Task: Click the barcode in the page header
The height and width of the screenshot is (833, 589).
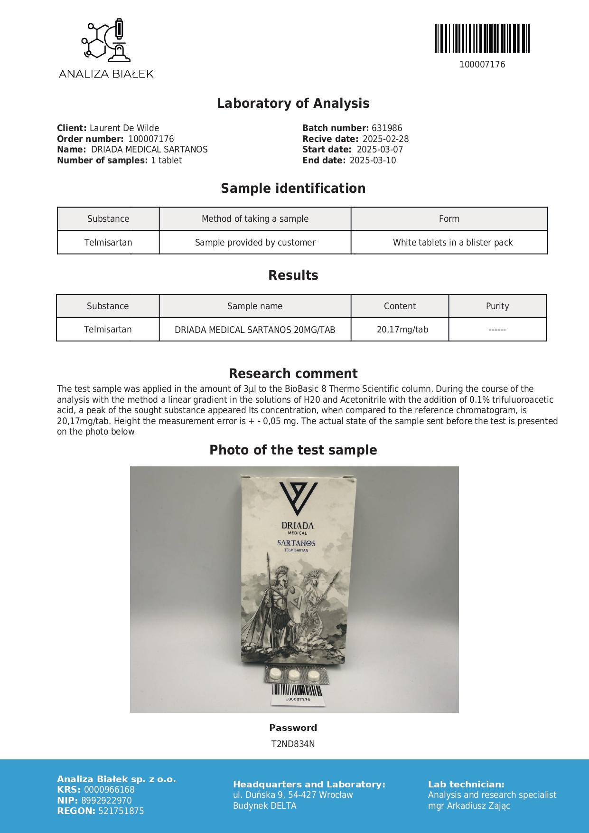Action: (482, 38)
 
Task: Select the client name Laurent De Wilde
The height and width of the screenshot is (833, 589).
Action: (124, 128)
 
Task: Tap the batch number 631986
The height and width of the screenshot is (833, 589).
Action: (387, 128)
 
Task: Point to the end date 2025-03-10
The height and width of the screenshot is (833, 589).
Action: (373, 161)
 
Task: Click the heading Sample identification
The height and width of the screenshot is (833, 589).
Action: (293, 189)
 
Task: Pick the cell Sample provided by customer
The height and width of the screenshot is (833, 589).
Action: (255, 243)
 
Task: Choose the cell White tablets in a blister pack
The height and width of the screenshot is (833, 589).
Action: (452, 243)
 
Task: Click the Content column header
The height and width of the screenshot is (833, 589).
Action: (400, 306)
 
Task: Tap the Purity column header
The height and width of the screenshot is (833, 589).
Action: (497, 306)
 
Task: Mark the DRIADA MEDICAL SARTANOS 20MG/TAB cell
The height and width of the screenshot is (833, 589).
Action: (255, 330)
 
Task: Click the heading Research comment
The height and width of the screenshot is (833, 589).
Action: (293, 374)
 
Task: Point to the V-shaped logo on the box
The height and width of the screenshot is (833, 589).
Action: (298, 498)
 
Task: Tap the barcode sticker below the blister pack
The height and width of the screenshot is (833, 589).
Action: (298, 693)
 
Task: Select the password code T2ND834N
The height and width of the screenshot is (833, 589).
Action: (293, 744)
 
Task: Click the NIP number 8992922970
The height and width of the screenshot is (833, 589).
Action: (106, 801)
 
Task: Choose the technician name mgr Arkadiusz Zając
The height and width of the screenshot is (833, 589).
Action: (469, 806)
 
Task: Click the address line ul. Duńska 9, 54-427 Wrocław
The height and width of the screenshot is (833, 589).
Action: (293, 795)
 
